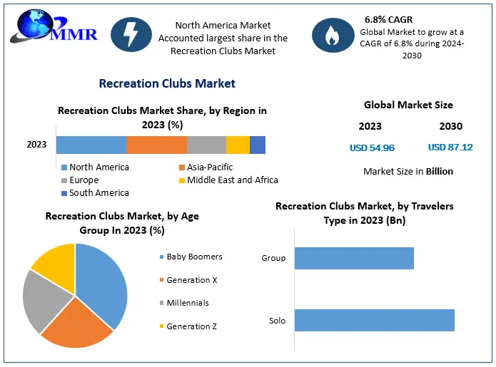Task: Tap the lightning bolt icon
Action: tap(131, 35)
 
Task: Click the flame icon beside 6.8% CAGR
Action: tap(333, 35)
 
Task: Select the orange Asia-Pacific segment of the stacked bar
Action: tap(156, 145)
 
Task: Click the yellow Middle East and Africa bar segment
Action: tap(238, 145)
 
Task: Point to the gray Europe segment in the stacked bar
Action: tap(206, 145)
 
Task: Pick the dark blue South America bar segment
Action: tap(258, 145)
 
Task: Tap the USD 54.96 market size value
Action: tap(372, 148)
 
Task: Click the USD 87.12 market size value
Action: tap(450, 148)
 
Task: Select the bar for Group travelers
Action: tap(354, 258)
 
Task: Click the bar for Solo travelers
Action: tap(374, 320)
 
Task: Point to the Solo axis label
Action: tap(277, 321)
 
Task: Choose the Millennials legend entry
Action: tap(187, 303)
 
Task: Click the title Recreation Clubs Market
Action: tap(167, 83)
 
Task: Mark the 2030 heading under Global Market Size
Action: tap(450, 126)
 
